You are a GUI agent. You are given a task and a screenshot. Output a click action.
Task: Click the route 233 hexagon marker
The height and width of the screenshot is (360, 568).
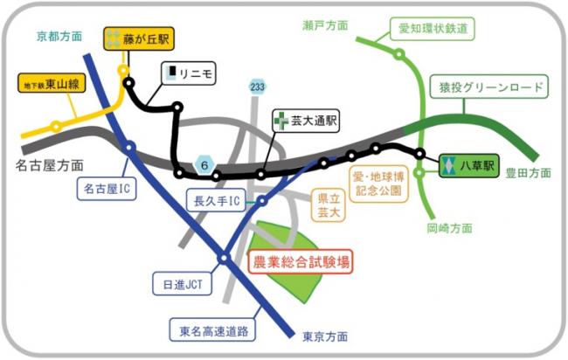pos(257,87)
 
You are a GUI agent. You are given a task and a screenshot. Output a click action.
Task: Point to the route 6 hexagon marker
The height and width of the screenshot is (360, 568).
pos(203,163)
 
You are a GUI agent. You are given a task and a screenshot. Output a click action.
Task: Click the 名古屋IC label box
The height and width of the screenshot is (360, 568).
pos(107,188)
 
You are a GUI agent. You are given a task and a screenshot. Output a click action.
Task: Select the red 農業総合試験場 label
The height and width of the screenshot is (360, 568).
pos(301,261)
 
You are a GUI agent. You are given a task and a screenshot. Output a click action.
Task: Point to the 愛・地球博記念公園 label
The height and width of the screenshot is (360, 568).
pos(377,182)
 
